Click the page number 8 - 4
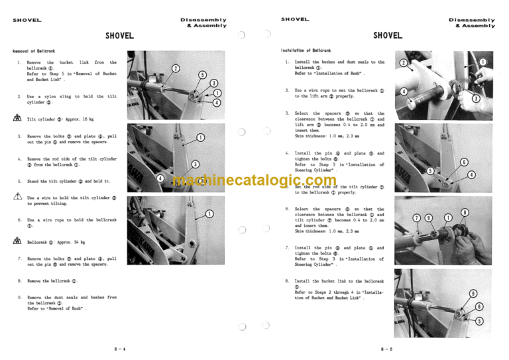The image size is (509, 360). [x=121, y=348]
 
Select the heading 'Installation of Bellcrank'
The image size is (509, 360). [x=306, y=50]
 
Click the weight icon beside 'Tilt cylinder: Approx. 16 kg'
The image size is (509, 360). [x=17, y=119]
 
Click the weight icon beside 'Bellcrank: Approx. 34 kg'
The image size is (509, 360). [x=17, y=243]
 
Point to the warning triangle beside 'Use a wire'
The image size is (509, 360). [x=17, y=197]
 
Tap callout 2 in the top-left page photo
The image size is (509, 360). [x=174, y=68]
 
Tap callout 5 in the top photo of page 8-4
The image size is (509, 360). [x=202, y=76]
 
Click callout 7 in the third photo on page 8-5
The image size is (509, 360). [x=416, y=217]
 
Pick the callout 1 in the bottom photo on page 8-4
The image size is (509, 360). [x=209, y=213]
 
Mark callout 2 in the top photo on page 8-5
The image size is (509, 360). [x=403, y=62]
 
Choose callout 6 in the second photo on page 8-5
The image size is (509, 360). [x=464, y=162]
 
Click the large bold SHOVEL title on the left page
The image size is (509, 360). [x=120, y=35]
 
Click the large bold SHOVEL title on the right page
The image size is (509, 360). [x=388, y=35]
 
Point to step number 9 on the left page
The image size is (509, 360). [x=19, y=298]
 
